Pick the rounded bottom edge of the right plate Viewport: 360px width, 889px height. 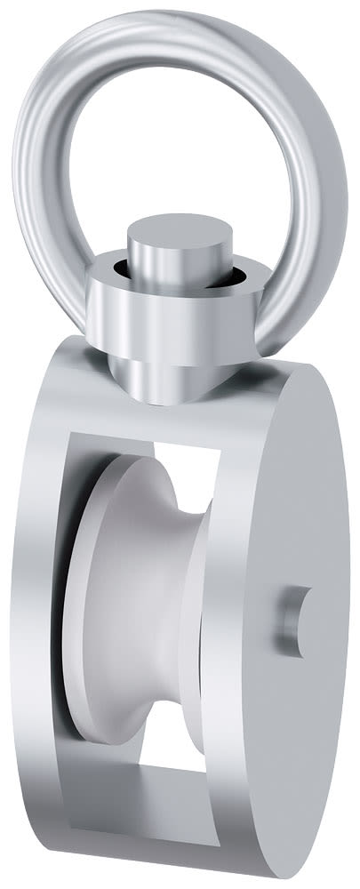[267, 853]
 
